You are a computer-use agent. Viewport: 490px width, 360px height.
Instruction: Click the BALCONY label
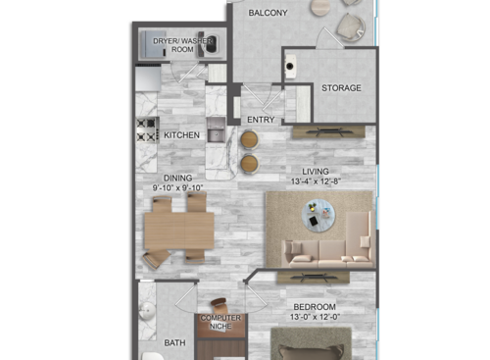tap(268, 13)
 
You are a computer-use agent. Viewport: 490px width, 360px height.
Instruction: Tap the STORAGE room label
tap(341, 88)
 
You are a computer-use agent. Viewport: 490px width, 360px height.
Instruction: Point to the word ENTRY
tap(261, 120)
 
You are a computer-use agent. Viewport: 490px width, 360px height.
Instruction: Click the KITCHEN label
tap(182, 134)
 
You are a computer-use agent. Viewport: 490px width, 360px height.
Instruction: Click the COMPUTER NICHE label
tap(220, 323)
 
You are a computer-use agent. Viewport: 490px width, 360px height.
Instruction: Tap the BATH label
tap(174, 342)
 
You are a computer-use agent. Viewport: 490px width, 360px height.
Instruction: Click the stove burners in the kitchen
tap(147, 129)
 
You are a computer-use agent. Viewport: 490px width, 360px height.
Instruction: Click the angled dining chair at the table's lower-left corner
tap(155, 259)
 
